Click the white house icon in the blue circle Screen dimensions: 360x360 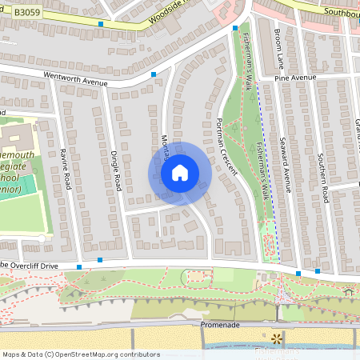(180, 173)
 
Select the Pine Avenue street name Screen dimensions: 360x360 (295, 78)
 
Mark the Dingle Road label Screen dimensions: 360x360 (116, 170)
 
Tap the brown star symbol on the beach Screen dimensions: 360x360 (277, 338)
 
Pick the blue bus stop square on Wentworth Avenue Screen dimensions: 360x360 (153, 74)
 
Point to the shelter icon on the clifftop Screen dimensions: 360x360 (348, 292)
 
